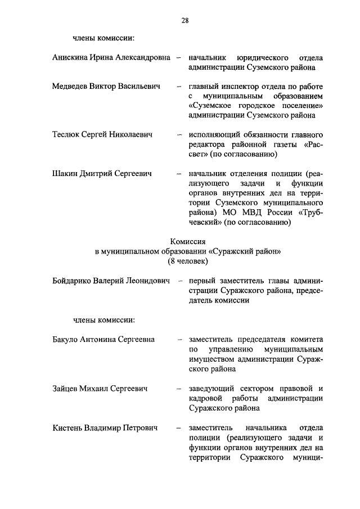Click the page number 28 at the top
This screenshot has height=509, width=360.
pos(184,21)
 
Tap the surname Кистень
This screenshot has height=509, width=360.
pos(67,427)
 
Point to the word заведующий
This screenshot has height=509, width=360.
pos(211,389)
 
